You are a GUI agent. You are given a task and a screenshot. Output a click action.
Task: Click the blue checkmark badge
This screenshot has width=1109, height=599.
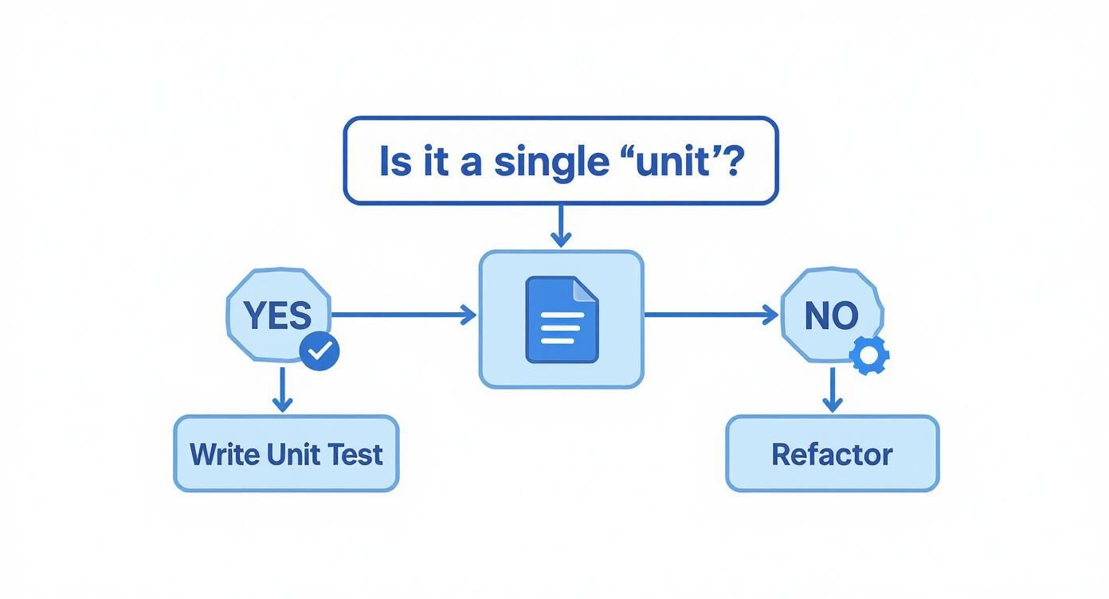(319, 351)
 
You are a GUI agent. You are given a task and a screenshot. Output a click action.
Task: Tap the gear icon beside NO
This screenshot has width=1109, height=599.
(869, 355)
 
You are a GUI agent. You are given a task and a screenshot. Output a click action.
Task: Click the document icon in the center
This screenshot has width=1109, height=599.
(561, 319)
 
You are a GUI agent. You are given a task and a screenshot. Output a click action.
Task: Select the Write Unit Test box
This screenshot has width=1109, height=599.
(286, 453)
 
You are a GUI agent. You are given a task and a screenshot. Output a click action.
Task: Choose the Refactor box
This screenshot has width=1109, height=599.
(832, 453)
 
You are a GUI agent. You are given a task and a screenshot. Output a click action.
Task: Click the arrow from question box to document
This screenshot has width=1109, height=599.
(561, 226)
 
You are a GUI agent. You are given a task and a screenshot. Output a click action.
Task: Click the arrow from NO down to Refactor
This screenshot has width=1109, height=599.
(832, 390)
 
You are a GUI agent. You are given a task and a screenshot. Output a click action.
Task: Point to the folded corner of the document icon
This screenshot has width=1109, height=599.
(586, 289)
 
